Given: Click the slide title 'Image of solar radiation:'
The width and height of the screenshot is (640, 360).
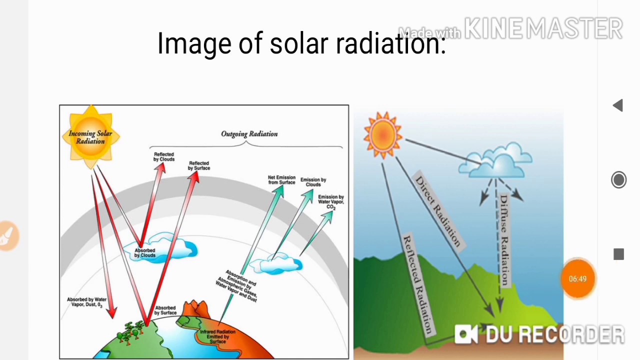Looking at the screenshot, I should [x=301, y=43].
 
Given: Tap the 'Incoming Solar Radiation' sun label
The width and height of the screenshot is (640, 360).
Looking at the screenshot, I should [x=90, y=137].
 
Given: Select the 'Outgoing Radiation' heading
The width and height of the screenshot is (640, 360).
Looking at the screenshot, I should [x=249, y=134].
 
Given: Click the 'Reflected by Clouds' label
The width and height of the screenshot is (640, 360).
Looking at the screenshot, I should [x=164, y=157].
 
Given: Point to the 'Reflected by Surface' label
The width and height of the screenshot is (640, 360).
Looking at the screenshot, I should [x=199, y=165].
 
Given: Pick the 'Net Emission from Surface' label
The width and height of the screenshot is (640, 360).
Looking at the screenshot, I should [x=281, y=180].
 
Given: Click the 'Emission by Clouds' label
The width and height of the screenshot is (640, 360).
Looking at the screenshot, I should [x=313, y=182].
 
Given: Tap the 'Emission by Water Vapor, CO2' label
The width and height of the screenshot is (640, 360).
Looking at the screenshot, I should [x=330, y=201].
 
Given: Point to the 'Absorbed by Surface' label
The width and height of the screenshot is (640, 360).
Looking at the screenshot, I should [x=165, y=310].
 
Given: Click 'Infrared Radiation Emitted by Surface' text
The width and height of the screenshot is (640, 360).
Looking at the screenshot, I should [x=217, y=336].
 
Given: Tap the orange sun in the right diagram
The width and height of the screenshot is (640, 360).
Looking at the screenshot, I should [x=383, y=134].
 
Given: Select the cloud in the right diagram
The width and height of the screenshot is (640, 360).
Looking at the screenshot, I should [x=496, y=161].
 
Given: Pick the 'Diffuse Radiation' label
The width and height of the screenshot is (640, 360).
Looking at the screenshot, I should [x=503, y=240].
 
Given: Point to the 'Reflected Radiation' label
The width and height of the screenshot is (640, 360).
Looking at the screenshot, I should [x=417, y=284].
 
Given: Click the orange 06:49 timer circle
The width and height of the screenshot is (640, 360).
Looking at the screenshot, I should [x=577, y=278].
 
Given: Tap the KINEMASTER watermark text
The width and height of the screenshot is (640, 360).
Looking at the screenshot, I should [x=543, y=29].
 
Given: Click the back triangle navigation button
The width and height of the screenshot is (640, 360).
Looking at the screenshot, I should [x=618, y=105].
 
